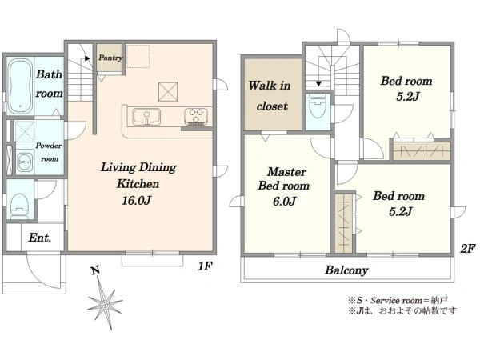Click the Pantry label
[x=110, y=58]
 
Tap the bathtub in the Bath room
[x=20, y=86]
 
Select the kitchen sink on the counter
[x=146, y=117]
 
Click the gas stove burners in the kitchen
[x=196, y=117]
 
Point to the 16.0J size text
[x=137, y=201]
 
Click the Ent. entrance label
[x=39, y=238]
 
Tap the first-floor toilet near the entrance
[x=20, y=205]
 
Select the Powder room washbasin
[x=25, y=162]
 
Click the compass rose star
[x=104, y=304]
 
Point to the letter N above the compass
[x=95, y=270]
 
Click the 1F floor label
[x=205, y=266]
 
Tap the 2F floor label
[x=467, y=248]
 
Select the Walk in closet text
[x=270, y=96]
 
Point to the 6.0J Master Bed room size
[x=284, y=202]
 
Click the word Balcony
[x=346, y=270]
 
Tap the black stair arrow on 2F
[x=318, y=83]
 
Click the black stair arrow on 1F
[x=87, y=58]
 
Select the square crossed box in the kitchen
[x=168, y=91]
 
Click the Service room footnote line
[x=398, y=300]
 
